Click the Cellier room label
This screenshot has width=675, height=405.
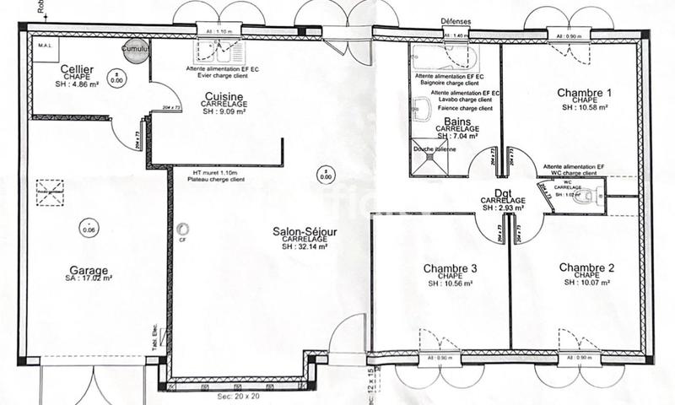click(x=76, y=67)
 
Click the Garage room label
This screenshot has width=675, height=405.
click(x=89, y=272)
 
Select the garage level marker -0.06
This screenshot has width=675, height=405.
click(x=89, y=229)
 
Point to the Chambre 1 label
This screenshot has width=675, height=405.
click(x=585, y=92)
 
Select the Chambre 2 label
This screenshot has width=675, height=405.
click(x=586, y=267)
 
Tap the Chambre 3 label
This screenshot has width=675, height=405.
click(x=450, y=268)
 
